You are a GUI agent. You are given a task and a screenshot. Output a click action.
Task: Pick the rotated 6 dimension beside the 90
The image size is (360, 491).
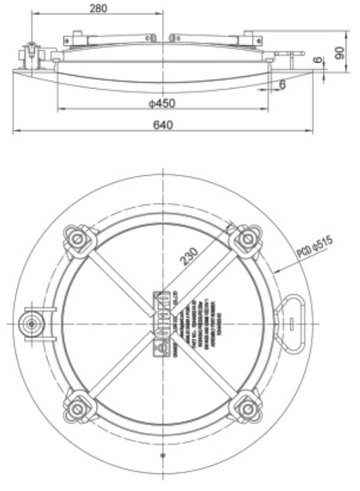(x=321, y=61)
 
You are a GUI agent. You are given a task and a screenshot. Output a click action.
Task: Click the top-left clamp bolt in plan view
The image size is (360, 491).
(x=76, y=239)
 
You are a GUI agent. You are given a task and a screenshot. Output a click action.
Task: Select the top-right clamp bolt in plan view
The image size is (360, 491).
(x=246, y=239)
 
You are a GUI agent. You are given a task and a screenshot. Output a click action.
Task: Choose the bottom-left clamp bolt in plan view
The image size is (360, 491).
(x=76, y=407)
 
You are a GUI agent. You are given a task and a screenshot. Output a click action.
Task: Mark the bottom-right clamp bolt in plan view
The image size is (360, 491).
(x=246, y=407)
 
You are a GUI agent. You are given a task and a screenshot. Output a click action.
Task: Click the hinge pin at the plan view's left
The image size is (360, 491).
(x=32, y=322)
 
